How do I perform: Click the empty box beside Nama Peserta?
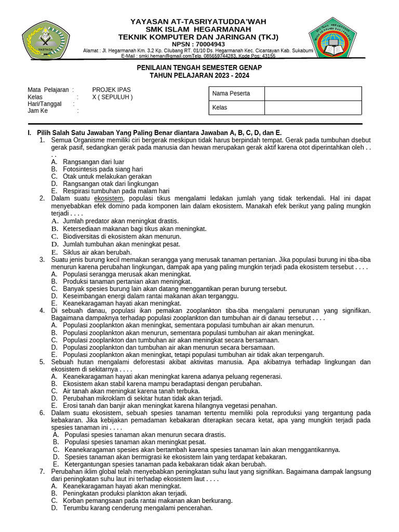[x=313, y=94]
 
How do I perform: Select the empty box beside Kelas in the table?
[x=313, y=108]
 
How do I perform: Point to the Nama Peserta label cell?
[x=236, y=94]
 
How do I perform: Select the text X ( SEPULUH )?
[x=112, y=97]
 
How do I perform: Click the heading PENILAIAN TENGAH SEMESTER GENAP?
[x=199, y=68]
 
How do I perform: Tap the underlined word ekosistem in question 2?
[x=109, y=198]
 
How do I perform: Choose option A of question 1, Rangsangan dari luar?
[x=94, y=162]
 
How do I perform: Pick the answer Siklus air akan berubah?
[x=97, y=252]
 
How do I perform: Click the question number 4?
[x=42, y=311]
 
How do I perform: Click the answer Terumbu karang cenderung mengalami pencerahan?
[x=138, y=508]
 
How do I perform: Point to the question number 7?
[x=42, y=472]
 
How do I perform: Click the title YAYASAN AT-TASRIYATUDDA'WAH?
[x=198, y=21]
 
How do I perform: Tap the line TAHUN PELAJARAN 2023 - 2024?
[x=199, y=75]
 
